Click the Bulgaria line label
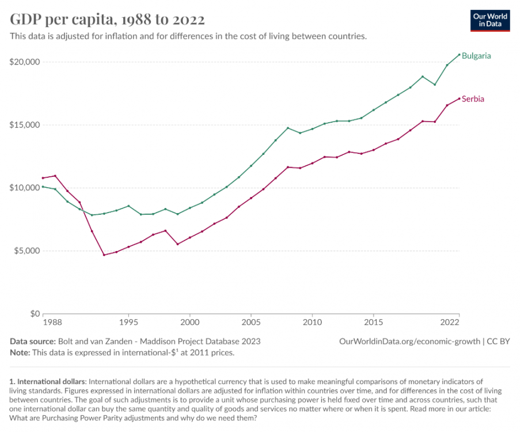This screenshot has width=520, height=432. (x=476, y=56)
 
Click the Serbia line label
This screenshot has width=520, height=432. (x=473, y=99)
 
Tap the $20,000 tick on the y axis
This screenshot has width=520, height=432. (x=25, y=62)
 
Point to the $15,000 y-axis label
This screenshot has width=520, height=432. (x=25, y=125)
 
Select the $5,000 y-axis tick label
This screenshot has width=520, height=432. (x=26, y=251)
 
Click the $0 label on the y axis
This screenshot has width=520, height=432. (x=35, y=313)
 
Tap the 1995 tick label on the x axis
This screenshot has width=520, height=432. (x=128, y=322)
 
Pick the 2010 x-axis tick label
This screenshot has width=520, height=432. (x=312, y=322)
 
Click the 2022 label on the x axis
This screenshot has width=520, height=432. (x=450, y=322)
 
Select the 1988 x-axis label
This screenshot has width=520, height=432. (x=52, y=322)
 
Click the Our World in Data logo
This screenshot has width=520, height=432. (x=490, y=21)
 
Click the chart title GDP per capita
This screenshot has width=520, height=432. (x=107, y=19)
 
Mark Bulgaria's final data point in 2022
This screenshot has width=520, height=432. (x=460, y=54)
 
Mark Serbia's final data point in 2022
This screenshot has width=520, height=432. (x=460, y=98)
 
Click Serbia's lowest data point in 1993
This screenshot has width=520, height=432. (x=104, y=255)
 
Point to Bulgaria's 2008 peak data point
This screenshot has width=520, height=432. (x=288, y=128)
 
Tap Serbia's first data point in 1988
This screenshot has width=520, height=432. (x=43, y=178)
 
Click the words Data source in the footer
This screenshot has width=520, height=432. (x=33, y=342)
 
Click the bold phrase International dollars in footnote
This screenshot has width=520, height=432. (x=51, y=381)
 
